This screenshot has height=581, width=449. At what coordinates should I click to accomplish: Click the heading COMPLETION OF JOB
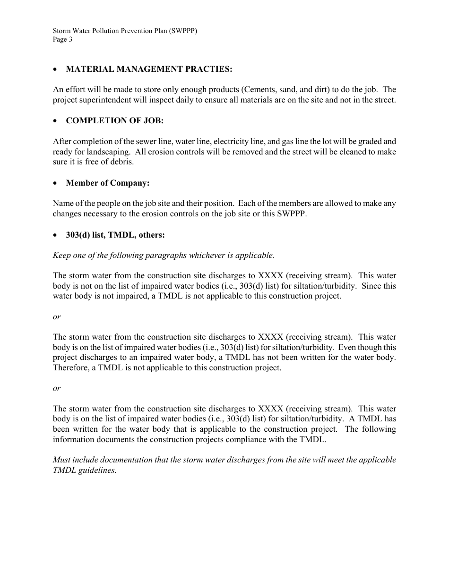[x=115, y=120]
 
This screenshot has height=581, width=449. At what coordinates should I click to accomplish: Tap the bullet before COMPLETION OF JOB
[x=56, y=121]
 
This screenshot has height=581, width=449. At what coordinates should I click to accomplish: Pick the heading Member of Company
[x=108, y=183]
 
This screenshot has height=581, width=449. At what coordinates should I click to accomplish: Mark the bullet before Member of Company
[x=56, y=183]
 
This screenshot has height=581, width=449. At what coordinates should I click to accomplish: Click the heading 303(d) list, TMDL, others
[x=115, y=235]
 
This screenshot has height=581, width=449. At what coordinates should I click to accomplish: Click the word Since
[x=372, y=286]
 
